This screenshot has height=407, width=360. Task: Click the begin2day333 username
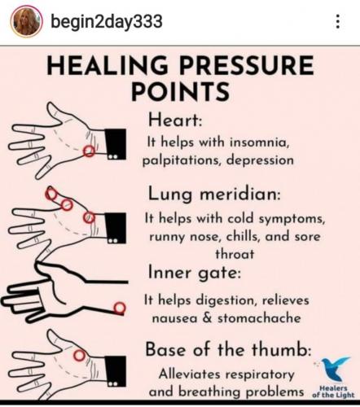[x=107, y=22]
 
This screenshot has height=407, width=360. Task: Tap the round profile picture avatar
[x=27, y=21]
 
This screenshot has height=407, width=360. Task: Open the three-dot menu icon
[x=337, y=21]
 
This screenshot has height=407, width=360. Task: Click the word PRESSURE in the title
[x=246, y=65]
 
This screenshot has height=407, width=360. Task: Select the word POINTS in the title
[x=181, y=91]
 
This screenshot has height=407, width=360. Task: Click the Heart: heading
[x=175, y=120]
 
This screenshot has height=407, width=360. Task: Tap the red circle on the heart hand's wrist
[x=89, y=151]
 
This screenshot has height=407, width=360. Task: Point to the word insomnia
[x=259, y=142]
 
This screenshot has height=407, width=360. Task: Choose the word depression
[x=260, y=160]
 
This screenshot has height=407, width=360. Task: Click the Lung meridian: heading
[x=214, y=195]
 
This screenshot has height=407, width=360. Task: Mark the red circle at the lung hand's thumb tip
[x=50, y=194]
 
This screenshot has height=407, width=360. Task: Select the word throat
[x=235, y=254]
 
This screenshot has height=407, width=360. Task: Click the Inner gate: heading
[x=195, y=273]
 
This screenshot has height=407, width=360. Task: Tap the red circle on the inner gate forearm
[x=120, y=308]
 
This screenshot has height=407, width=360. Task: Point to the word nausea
[x=174, y=318]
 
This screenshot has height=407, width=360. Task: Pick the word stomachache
[x=259, y=318]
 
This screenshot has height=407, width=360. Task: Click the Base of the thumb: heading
[x=228, y=349]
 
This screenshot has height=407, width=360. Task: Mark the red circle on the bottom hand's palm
[x=79, y=356]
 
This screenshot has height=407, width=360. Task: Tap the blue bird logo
[x=335, y=369]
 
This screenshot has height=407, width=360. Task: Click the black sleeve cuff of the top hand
[x=116, y=144]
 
